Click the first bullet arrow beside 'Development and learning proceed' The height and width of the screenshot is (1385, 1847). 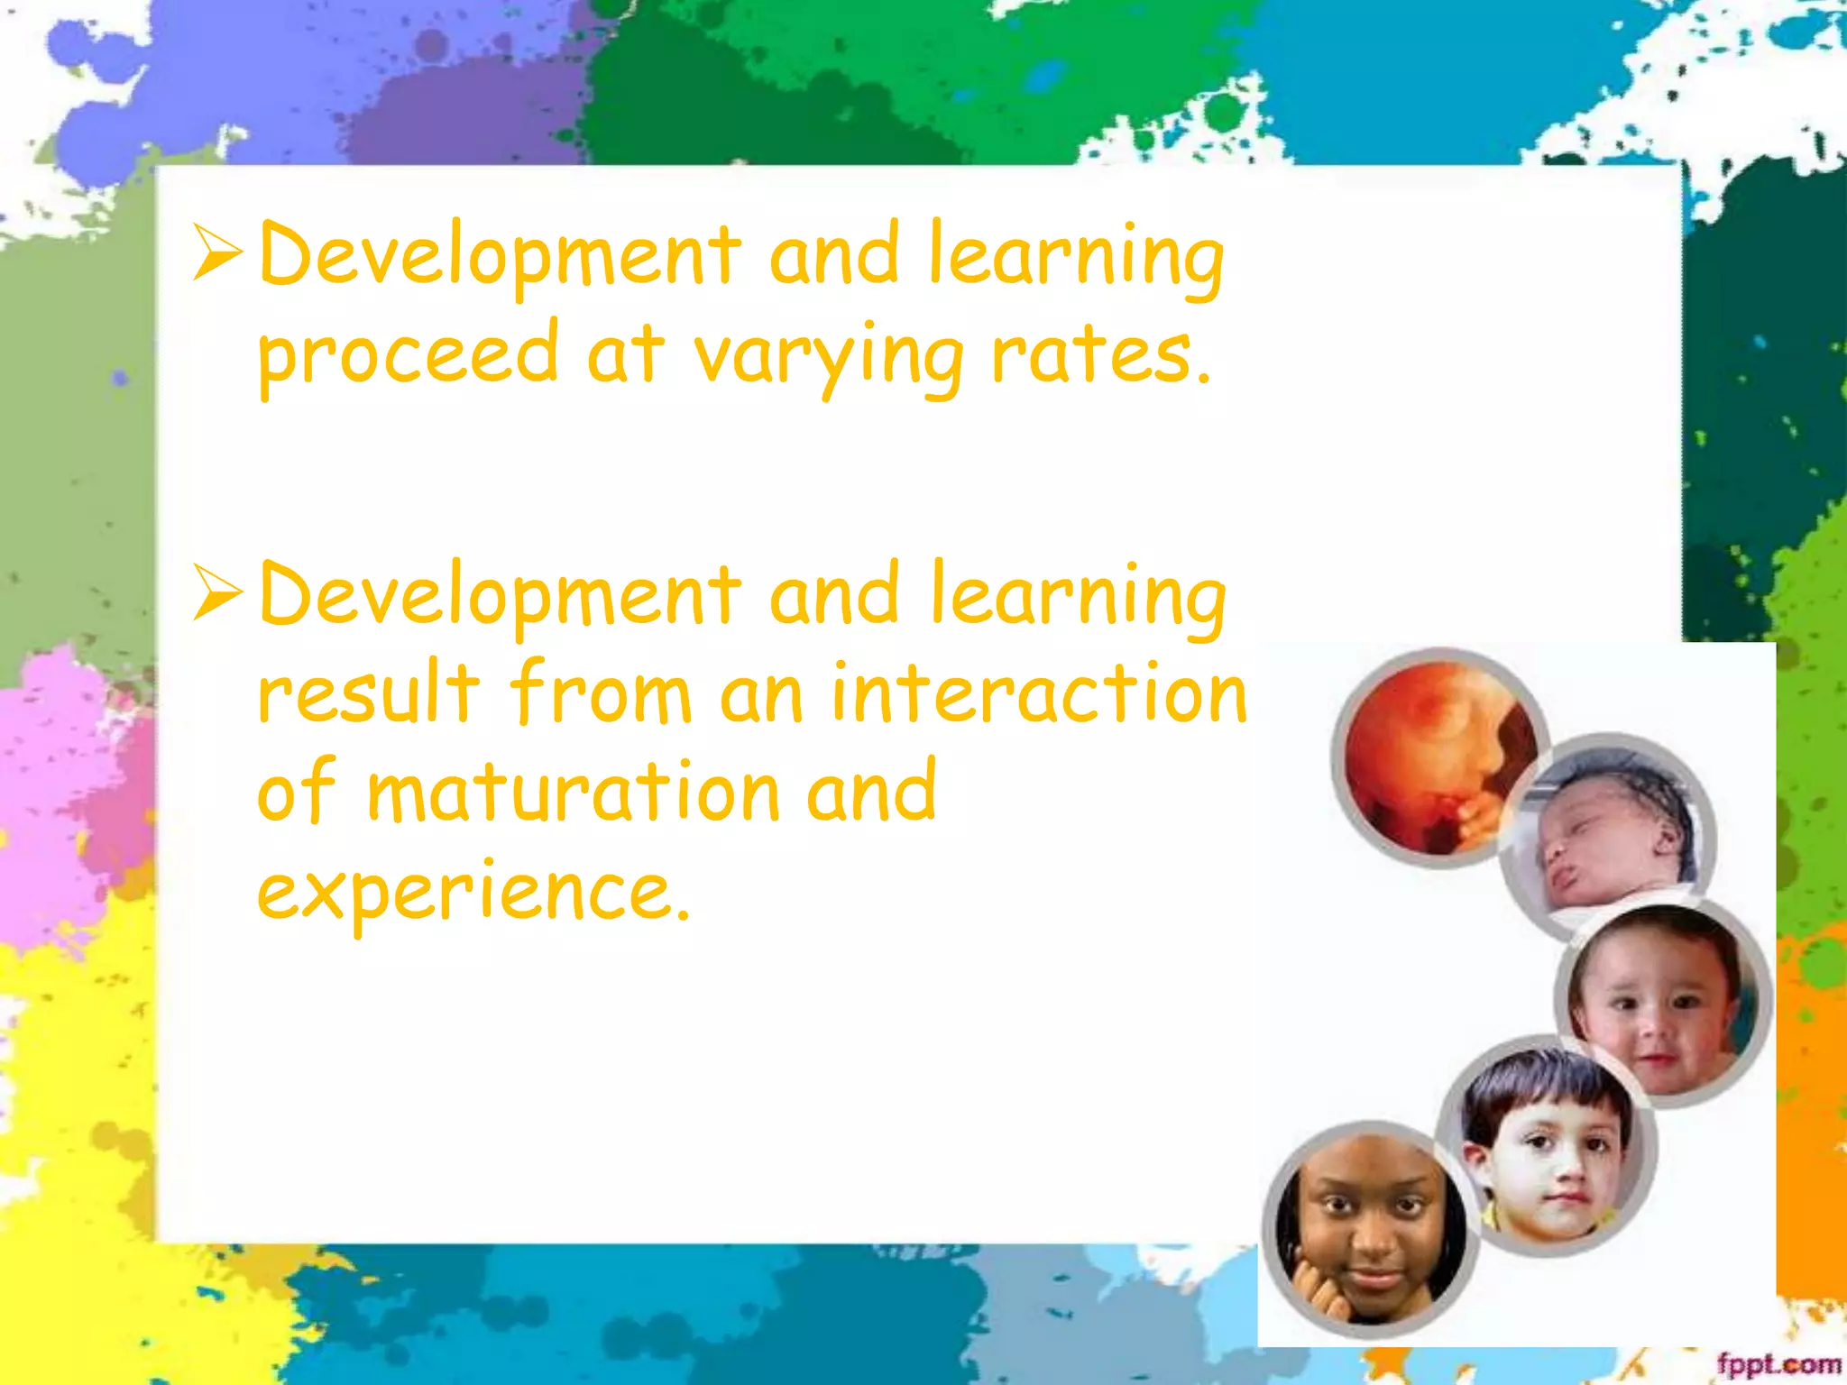click(217, 253)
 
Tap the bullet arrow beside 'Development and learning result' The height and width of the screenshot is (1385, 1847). click(217, 594)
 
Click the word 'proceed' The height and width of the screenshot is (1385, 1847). click(408, 356)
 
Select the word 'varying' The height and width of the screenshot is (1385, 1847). click(828, 358)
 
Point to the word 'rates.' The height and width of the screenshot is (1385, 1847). click(1100, 354)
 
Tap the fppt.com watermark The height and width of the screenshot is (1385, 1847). click(1778, 1363)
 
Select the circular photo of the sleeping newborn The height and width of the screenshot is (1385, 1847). click(1609, 837)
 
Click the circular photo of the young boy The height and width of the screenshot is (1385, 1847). click(1548, 1145)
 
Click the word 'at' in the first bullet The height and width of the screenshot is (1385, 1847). click(625, 354)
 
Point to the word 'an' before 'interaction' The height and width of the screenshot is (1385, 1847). click(761, 695)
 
